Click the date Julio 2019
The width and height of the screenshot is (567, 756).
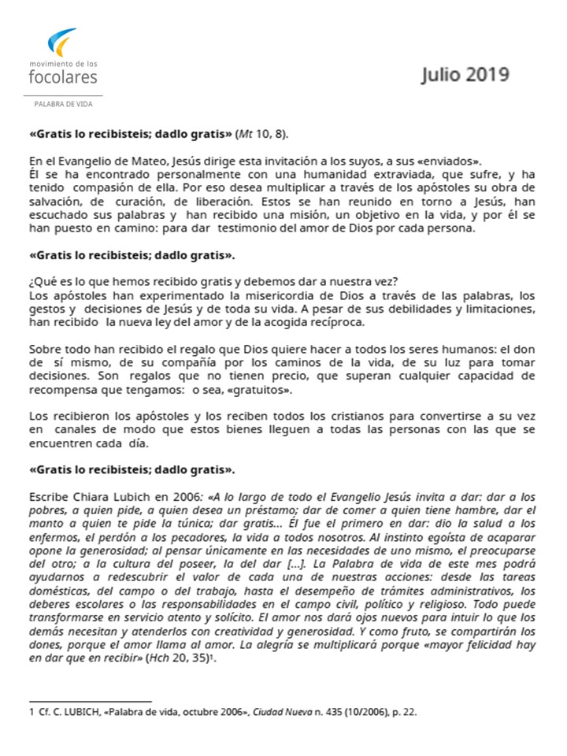tap(465, 75)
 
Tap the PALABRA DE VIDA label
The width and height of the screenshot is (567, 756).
tap(63, 104)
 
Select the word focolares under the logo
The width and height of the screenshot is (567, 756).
tap(63, 77)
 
